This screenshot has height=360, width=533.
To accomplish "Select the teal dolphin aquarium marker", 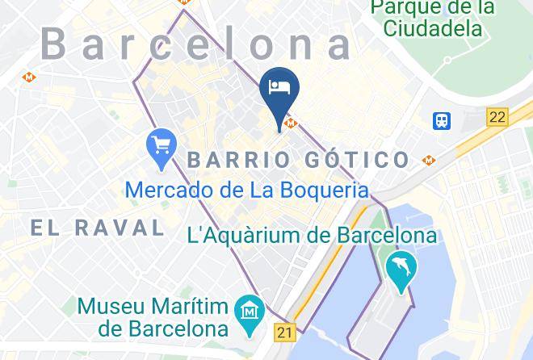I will pos(401,268).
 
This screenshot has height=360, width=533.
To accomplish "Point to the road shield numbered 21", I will pos(283,331).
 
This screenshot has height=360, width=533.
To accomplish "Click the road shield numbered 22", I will pos(497,118).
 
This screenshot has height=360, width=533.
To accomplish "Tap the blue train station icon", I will pos(442,121).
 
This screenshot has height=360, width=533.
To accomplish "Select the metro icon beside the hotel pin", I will pos(292,123).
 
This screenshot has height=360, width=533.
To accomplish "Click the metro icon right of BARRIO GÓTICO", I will pos(428,160).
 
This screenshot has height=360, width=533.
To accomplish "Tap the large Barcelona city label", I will pos(197,44).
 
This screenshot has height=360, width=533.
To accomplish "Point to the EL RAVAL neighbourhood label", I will pos(97,228).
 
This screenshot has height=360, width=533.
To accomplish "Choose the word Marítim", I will pos(187,307).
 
